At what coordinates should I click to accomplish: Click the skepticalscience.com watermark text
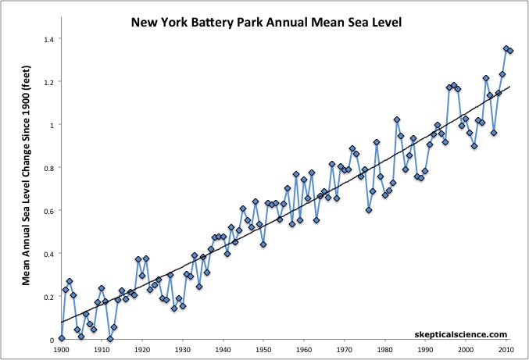(461, 333)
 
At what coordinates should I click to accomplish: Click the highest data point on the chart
(506, 48)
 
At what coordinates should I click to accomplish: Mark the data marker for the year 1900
(62, 338)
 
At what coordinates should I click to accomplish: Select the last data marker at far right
(510, 51)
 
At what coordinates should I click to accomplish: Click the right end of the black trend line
(510, 87)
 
